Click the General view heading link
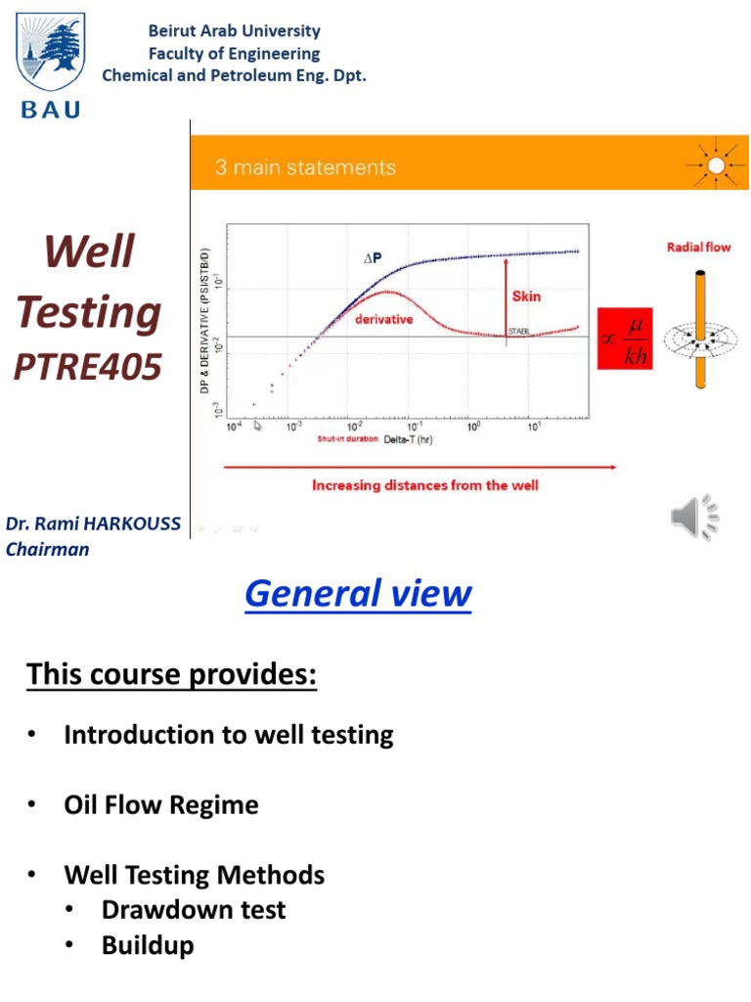[x=358, y=593]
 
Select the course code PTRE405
[x=87, y=367]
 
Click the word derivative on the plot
[x=382, y=319]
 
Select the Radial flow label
[x=698, y=248]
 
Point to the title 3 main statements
[x=305, y=167]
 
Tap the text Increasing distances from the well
[x=424, y=485]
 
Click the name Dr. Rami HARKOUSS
[x=93, y=524]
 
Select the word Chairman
[x=47, y=549]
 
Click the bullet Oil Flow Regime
[x=161, y=805]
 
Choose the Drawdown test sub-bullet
[x=194, y=910]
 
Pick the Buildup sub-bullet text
[x=148, y=945]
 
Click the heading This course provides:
[x=172, y=674]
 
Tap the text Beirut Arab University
[x=234, y=31]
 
